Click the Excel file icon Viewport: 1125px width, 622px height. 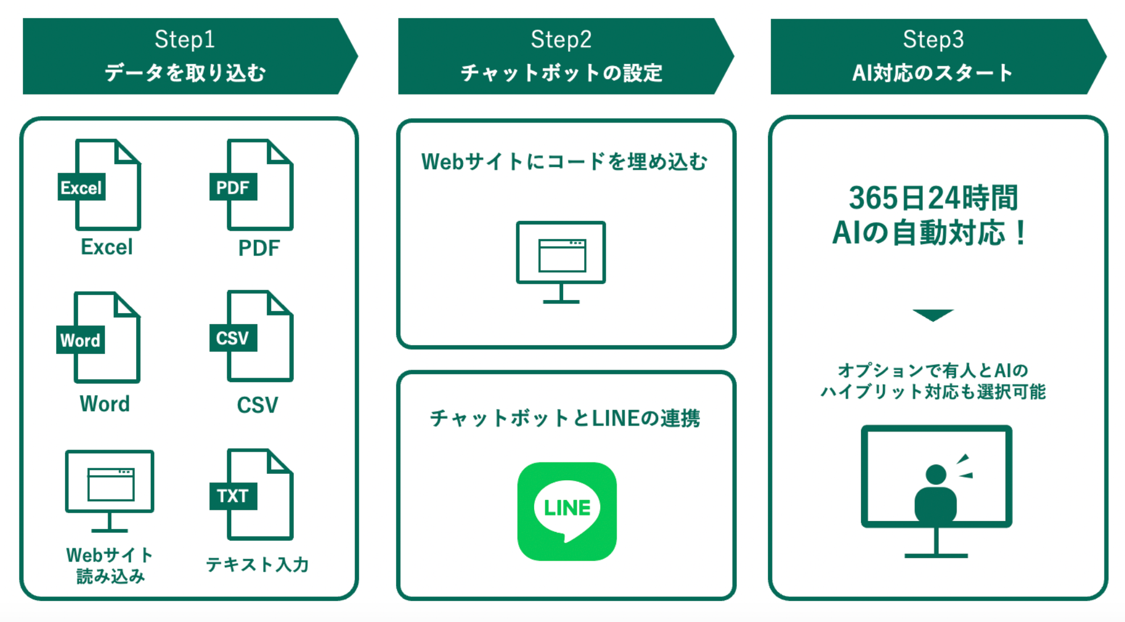[x=100, y=185]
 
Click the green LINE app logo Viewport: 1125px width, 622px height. [x=566, y=511]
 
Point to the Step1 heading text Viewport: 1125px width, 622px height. [x=184, y=39]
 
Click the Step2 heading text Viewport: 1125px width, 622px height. [x=561, y=39]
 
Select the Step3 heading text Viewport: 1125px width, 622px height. [x=933, y=39]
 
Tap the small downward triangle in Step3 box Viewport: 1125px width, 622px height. [x=933, y=315]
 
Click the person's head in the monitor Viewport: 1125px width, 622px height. [x=936, y=474]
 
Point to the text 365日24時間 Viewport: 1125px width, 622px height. [x=933, y=198]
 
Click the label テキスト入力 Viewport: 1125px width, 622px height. [x=257, y=564]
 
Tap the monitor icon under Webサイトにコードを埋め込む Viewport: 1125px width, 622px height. [x=561, y=261]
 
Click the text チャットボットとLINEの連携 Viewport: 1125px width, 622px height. [x=565, y=418]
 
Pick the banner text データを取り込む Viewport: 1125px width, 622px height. [x=185, y=72]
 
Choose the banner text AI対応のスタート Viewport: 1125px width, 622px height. [x=933, y=72]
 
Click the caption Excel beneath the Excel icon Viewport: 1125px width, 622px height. [x=106, y=247]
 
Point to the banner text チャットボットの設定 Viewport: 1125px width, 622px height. [x=561, y=72]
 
